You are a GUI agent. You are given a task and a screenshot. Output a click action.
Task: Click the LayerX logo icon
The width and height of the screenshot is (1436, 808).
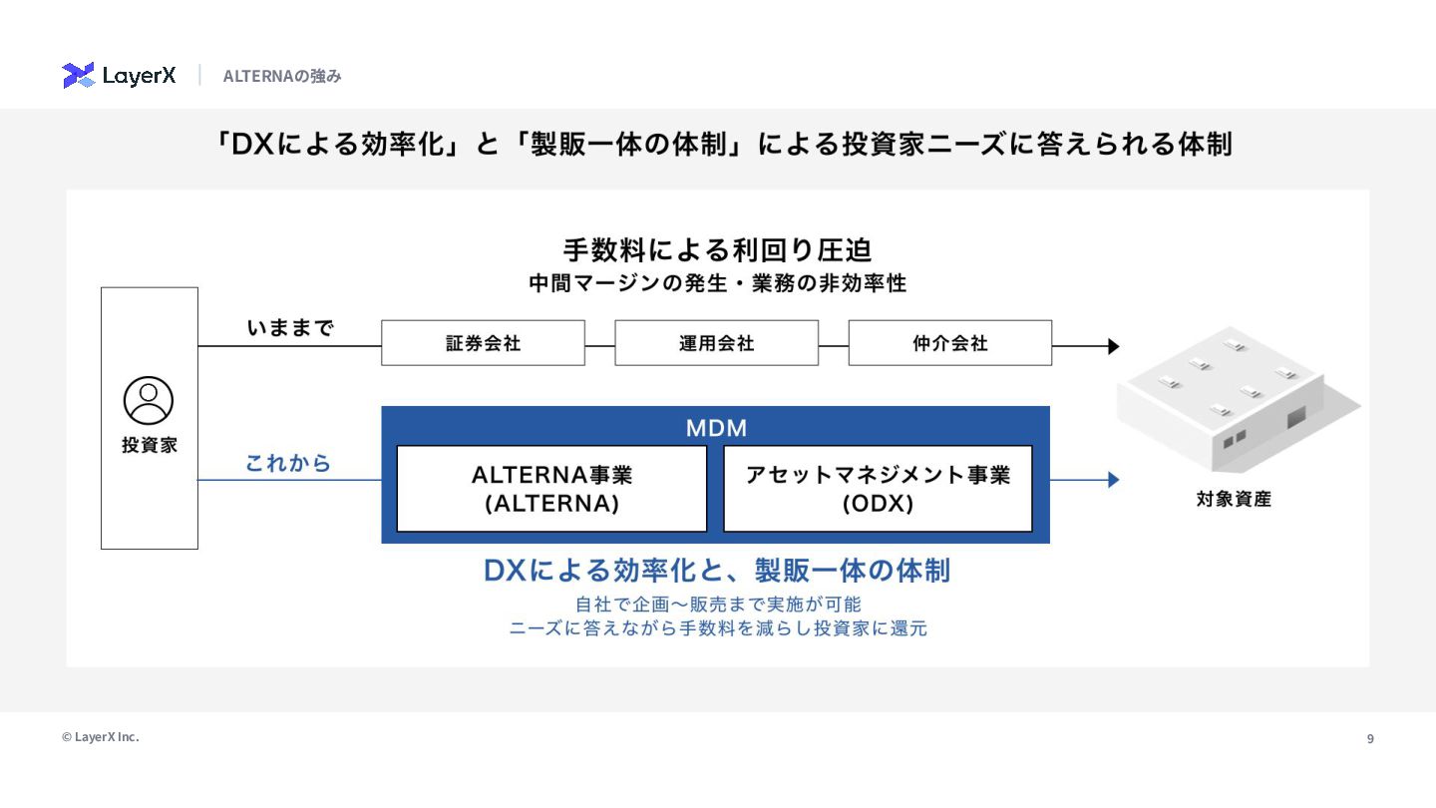click(x=78, y=76)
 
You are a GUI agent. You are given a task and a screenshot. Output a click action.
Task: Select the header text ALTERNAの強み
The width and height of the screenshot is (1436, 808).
click(x=282, y=76)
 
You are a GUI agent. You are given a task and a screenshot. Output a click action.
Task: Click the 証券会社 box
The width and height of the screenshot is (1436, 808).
click(x=483, y=343)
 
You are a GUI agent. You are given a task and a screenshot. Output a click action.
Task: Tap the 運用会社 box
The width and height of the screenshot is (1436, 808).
click(x=716, y=343)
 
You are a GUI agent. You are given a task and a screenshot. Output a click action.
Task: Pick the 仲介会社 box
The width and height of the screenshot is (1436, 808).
click(x=949, y=343)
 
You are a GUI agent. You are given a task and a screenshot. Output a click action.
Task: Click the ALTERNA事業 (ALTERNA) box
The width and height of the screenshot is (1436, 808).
click(x=551, y=489)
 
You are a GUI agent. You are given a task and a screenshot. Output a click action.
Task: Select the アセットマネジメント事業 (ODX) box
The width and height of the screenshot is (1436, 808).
click(x=878, y=489)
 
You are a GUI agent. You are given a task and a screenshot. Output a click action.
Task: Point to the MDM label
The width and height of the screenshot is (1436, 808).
click(x=716, y=429)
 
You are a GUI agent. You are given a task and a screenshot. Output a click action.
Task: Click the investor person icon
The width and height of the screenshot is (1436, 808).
click(x=149, y=401)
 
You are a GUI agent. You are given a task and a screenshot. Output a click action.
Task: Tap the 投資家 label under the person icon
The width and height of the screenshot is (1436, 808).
click(x=150, y=446)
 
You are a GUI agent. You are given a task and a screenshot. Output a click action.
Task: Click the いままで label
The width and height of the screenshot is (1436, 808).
click(x=290, y=328)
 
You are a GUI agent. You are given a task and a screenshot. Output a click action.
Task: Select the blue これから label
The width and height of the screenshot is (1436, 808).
click(x=288, y=464)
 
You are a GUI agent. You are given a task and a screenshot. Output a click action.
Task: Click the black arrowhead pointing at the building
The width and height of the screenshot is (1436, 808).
click(x=1113, y=347)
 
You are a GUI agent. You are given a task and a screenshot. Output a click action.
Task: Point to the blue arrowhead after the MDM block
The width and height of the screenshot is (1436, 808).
click(x=1113, y=480)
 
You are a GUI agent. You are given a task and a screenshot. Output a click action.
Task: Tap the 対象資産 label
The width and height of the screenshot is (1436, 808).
click(x=1234, y=499)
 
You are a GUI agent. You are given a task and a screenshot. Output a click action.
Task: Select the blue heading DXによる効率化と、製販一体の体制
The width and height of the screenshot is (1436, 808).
click(x=716, y=571)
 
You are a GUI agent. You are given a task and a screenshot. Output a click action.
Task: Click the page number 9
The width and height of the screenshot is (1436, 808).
click(x=1370, y=739)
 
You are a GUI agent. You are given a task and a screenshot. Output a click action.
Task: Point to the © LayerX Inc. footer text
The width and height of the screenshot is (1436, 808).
click(x=101, y=737)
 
